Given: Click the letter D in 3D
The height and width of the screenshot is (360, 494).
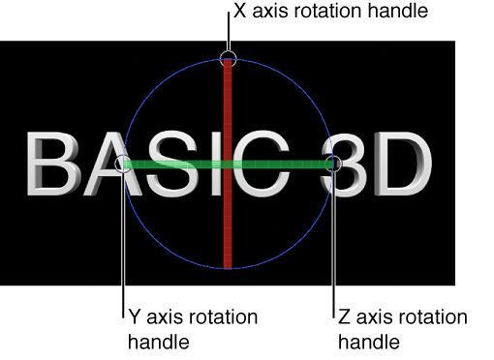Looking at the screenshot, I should pos(401,165).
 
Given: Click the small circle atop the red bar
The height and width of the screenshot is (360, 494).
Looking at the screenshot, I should pos(228,57).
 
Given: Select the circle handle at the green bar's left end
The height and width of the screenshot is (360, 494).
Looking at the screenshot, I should pos(122,165).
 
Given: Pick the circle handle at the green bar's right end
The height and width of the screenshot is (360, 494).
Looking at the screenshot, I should pos(333,165).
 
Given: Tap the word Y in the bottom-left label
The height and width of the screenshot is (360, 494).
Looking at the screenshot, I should pos(134,317).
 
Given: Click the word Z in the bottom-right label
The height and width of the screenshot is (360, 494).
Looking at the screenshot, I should pos(344,317).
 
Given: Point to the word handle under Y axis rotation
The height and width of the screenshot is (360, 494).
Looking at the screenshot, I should pos(157,341).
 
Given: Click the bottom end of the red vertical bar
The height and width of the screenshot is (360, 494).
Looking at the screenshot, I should pos(228,263).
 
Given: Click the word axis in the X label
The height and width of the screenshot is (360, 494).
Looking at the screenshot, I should pos(270,12).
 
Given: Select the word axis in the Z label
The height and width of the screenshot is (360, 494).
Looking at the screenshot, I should pos(375,317).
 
